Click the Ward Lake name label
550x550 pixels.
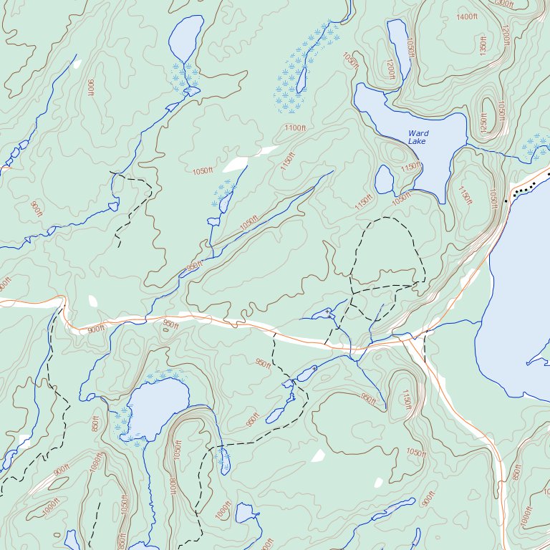418,137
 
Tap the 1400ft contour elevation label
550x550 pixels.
466,16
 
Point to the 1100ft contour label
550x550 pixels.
294,127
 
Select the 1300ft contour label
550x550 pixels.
505,4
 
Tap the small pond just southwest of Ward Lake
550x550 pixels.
384,180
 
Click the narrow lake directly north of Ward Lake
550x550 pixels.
398,47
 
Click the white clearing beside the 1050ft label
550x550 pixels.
235,165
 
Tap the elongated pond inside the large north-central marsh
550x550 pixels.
302,77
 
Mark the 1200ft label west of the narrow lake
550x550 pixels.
390,69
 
